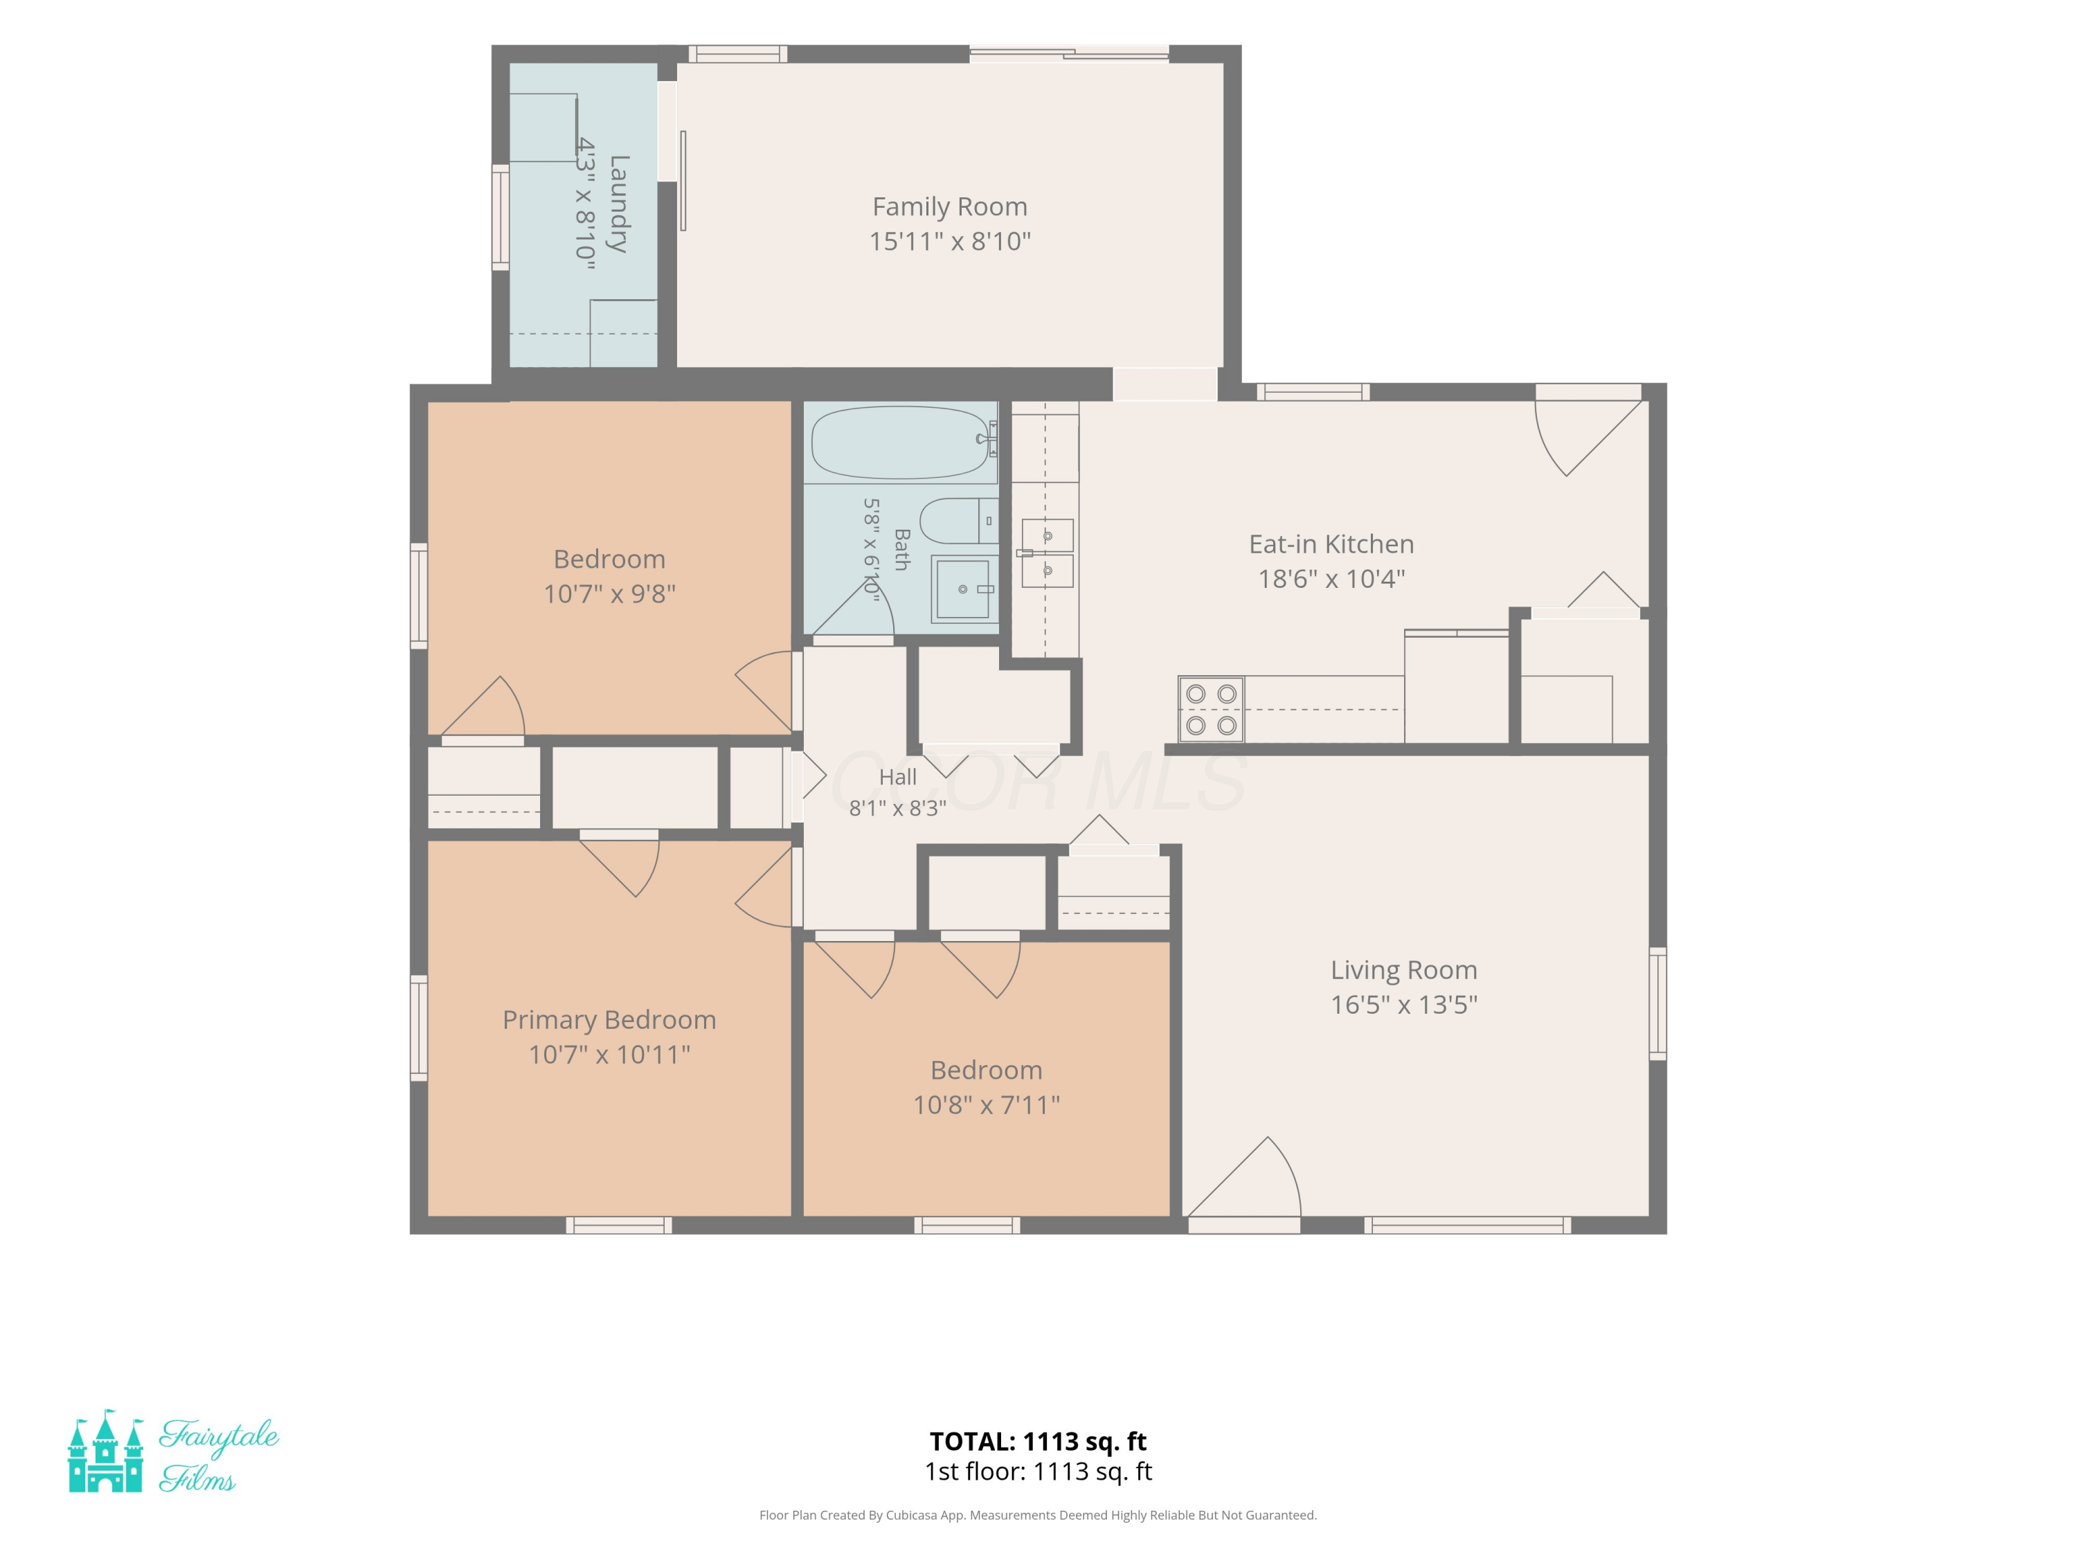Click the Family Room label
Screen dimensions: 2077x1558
click(x=949, y=206)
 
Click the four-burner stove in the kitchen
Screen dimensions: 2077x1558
click(x=1212, y=710)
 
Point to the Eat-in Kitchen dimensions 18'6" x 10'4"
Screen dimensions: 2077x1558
click(x=1331, y=578)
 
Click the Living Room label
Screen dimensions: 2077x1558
click(x=1404, y=970)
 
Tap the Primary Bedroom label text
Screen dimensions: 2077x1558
click(x=609, y=1020)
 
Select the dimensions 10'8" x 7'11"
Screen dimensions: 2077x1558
click(x=986, y=1104)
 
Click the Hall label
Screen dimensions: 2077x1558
click(x=898, y=777)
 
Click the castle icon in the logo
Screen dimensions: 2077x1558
click(x=106, y=1451)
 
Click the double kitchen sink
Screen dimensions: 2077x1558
click(x=1046, y=552)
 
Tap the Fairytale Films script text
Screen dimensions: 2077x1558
click(x=219, y=1455)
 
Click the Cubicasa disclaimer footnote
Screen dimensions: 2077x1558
click(x=1038, y=1515)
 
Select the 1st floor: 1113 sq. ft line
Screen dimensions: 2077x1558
click(x=1038, y=1471)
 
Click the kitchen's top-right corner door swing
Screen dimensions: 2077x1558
click(x=1588, y=435)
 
